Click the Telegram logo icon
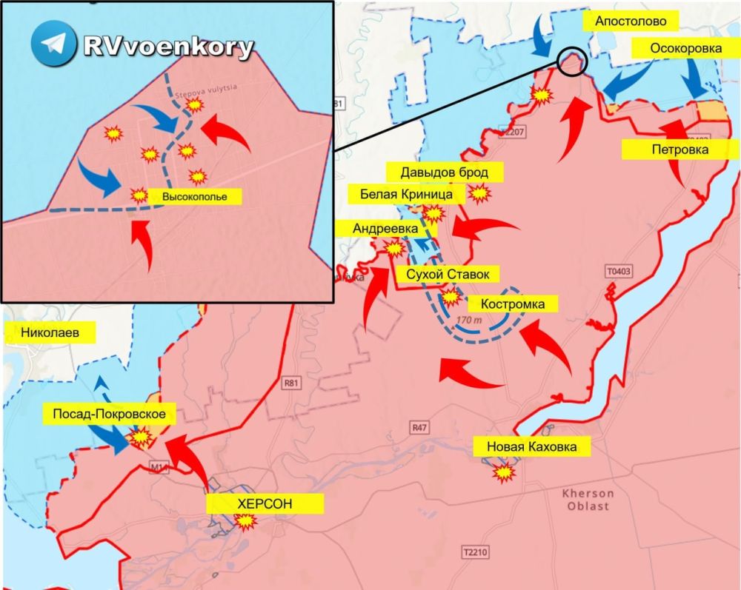click(53, 44)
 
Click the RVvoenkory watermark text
click(168, 47)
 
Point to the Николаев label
click(50, 332)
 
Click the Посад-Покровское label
click(108, 414)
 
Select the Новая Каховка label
click(531, 446)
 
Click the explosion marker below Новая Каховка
click(505, 472)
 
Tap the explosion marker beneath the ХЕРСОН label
click(245, 521)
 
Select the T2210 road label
click(476, 553)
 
